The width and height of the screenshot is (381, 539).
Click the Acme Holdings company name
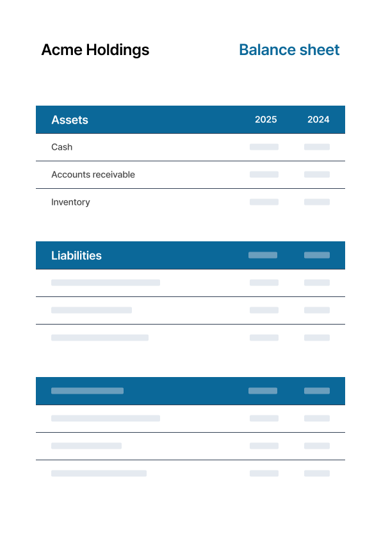click(x=95, y=50)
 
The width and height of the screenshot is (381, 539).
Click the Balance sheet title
click(x=289, y=50)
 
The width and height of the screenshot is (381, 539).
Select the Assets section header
click(x=70, y=120)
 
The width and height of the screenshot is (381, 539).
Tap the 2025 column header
click(x=266, y=120)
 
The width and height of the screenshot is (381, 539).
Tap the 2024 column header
click(x=318, y=120)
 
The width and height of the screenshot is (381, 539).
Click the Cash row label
click(x=61, y=147)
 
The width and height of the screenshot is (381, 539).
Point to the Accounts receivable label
click(x=93, y=175)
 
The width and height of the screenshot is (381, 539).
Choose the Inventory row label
click(x=70, y=202)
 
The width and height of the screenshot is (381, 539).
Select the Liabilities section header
click(x=76, y=255)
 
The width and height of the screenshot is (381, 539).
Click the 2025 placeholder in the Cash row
click(x=264, y=147)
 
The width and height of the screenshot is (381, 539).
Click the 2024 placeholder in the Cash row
click(x=316, y=147)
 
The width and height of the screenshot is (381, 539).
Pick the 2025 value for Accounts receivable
click(x=264, y=175)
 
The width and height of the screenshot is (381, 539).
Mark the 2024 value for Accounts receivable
click(x=316, y=175)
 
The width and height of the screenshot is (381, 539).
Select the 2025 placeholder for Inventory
click(x=264, y=202)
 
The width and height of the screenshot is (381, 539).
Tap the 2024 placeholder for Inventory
click(x=316, y=202)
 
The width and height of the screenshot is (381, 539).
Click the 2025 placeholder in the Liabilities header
click(x=263, y=255)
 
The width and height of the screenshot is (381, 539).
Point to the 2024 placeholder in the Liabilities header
click(x=316, y=255)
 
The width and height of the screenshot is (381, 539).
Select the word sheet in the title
click(x=319, y=50)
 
